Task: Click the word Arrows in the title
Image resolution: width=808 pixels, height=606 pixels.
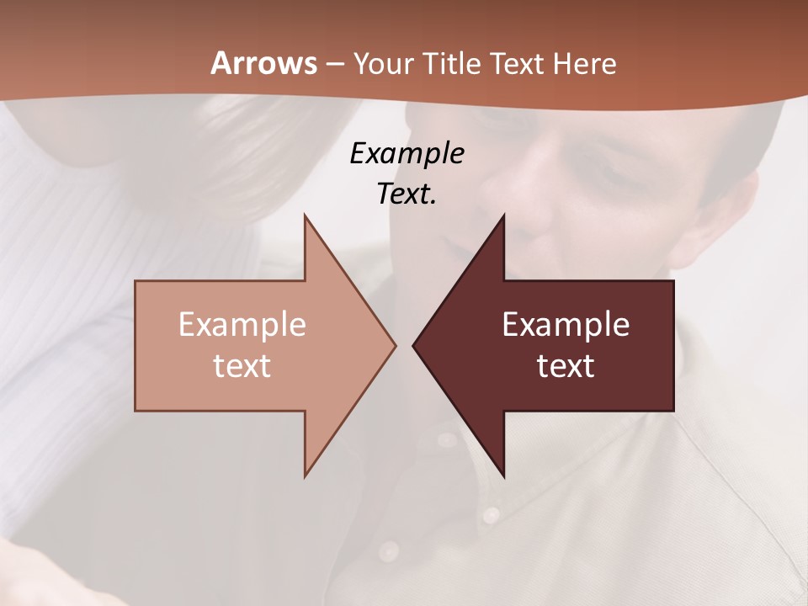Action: point(263,63)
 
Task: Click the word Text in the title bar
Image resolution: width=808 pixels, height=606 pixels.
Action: point(519,63)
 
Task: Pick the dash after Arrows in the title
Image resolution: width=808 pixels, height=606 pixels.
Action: point(334,65)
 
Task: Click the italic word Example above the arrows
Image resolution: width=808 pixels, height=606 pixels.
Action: point(407,153)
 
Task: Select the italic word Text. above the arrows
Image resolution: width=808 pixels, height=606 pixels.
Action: point(407,194)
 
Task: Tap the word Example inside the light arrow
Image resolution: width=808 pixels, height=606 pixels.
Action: point(242,324)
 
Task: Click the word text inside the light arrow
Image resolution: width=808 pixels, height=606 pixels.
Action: point(242,366)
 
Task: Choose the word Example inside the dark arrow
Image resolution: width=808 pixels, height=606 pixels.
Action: point(566,324)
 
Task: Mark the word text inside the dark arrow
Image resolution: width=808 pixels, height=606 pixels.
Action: point(566,366)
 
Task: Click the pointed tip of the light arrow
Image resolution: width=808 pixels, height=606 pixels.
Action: point(396,345)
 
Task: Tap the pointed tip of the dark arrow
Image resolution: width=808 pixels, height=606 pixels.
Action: point(413,345)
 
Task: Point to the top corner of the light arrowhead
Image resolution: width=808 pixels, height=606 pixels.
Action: point(305,215)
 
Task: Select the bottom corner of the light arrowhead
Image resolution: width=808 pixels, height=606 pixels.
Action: point(305,476)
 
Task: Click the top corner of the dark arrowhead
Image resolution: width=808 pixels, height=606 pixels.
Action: point(504,215)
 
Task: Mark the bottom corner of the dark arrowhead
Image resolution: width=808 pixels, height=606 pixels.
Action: point(504,476)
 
